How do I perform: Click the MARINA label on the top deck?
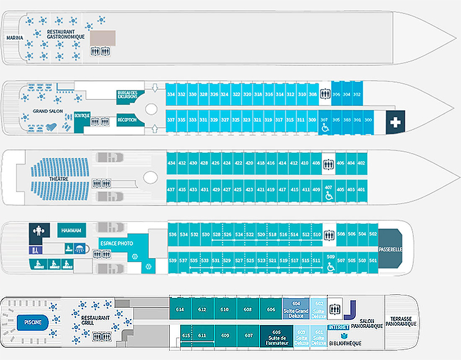(x=15, y=38)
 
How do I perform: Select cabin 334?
(x=171, y=94)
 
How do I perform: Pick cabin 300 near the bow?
(x=368, y=120)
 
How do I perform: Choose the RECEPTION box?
(x=127, y=120)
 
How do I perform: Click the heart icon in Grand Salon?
(x=51, y=127)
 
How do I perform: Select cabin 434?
(x=172, y=163)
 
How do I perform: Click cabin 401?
(x=361, y=190)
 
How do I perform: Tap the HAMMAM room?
(x=71, y=230)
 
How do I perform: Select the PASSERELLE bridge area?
(x=390, y=248)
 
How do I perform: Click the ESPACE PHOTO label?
(x=116, y=243)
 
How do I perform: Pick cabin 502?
(x=373, y=234)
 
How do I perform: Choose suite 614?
(x=180, y=309)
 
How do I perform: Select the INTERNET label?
(x=339, y=327)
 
